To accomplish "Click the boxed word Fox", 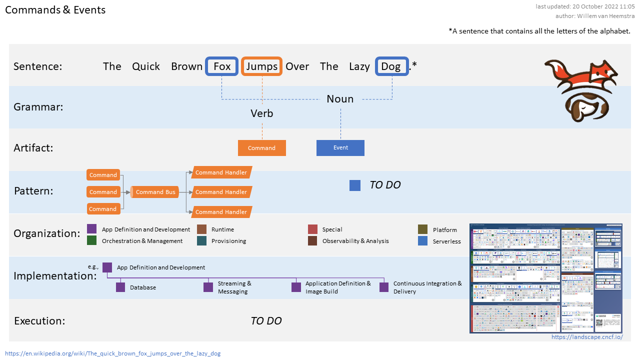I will pos(222,66).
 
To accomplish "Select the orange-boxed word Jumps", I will pos(262,66).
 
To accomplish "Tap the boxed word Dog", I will pos(391,66).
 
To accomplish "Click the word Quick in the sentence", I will pos(146,66).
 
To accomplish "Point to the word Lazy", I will pos(359,66).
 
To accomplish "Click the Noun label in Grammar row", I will pos(340,99).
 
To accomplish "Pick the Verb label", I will pos(262,113).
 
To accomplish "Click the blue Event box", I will pos(340,147).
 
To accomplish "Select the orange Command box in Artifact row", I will pos(262,148).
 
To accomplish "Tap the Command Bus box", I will pos(155,192).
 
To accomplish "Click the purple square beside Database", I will pos(120,287).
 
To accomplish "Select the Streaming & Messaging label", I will pos(234,287).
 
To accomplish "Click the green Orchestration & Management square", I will pos(92,240).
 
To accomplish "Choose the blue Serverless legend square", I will pos(423,241).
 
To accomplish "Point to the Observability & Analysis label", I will pos(355,241).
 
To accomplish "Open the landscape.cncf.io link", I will pos(587,337).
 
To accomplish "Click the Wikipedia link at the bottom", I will pos(113,353).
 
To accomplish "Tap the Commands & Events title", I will pos(55,10).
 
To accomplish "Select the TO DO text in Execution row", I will pos(266,321).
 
